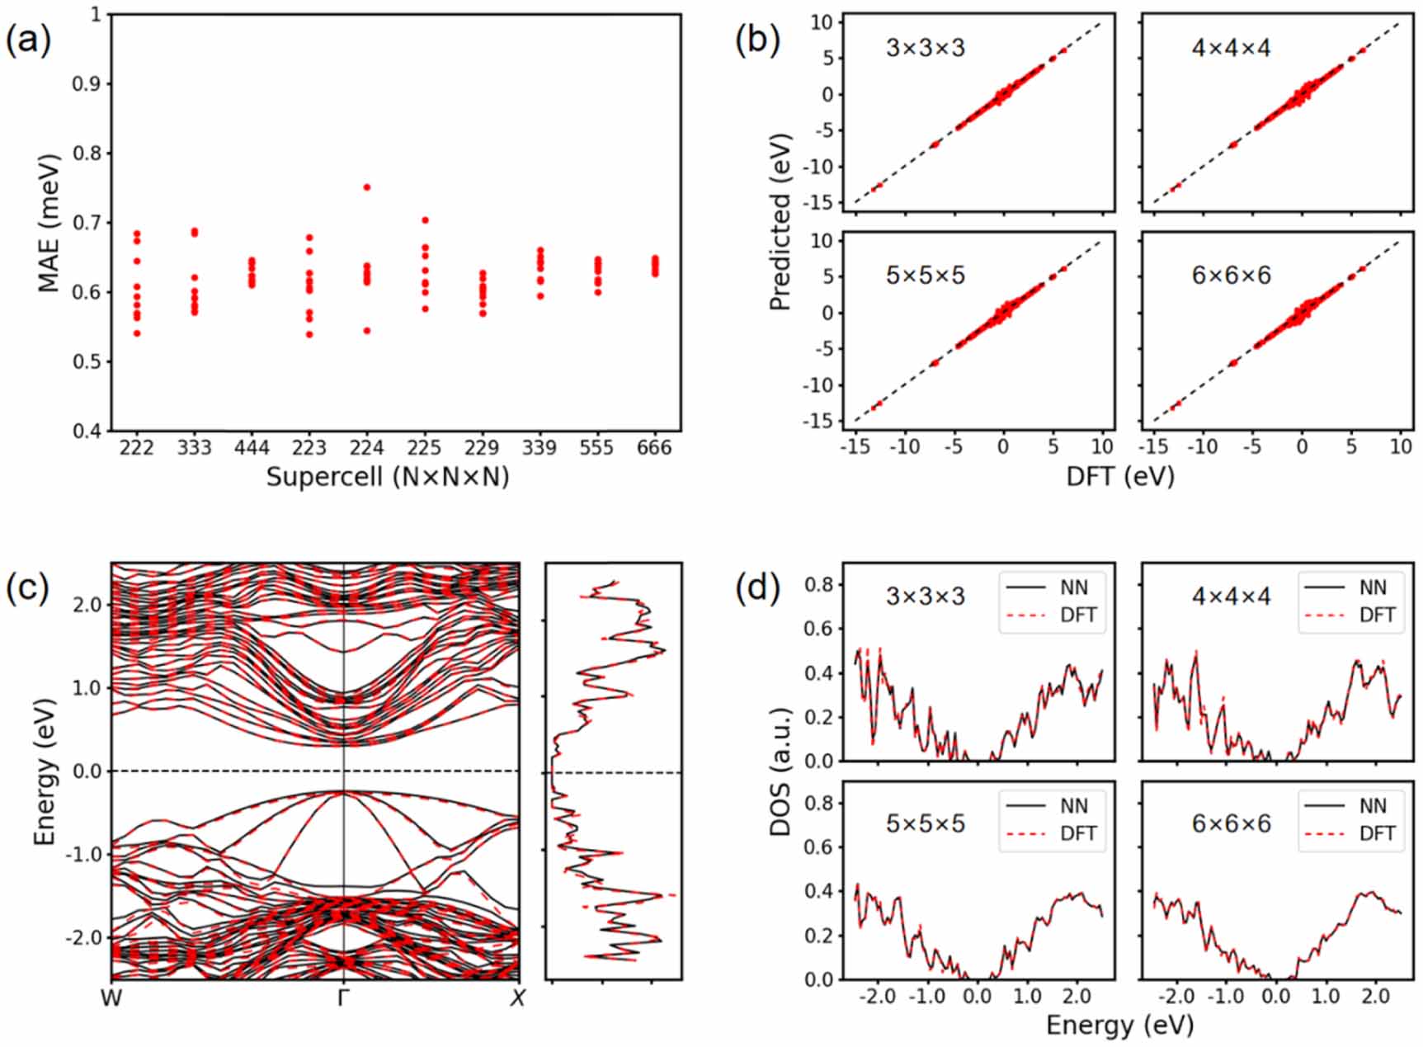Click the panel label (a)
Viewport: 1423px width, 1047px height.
(x=28, y=39)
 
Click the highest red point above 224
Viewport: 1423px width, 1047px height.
(x=367, y=187)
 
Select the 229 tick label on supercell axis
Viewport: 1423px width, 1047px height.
(x=482, y=448)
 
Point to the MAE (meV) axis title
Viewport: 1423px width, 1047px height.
(x=49, y=223)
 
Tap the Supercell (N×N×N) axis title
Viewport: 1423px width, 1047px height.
(x=388, y=477)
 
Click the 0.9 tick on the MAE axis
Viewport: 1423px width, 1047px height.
(x=92, y=84)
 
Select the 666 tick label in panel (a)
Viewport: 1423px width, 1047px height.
(x=654, y=448)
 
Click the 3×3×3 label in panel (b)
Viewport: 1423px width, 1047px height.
(x=925, y=48)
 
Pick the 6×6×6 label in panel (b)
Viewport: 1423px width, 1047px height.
(x=1231, y=275)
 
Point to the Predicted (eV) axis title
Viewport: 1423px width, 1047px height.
(x=780, y=223)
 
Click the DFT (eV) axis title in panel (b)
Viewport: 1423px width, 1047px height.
(x=1119, y=476)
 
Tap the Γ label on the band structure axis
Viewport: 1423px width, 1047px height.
(x=344, y=999)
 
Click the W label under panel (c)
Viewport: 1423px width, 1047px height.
(x=111, y=999)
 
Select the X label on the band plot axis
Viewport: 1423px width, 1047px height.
(x=517, y=999)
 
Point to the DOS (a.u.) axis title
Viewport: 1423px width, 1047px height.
(x=780, y=771)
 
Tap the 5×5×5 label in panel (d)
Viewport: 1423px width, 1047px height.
(x=925, y=823)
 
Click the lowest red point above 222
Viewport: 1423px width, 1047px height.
(x=137, y=333)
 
